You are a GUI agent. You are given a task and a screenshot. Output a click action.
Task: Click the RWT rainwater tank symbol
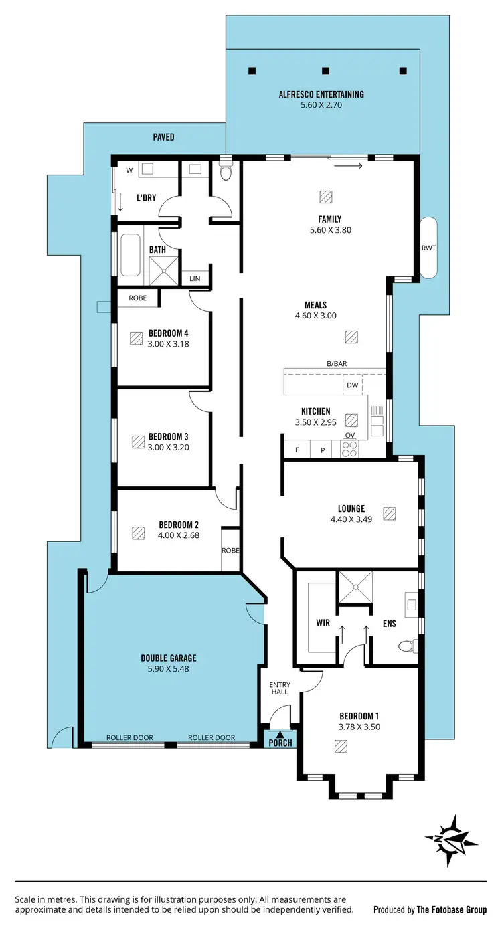click(428, 248)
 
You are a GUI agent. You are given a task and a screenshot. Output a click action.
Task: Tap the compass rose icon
click(452, 836)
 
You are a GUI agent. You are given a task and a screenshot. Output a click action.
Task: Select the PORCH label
click(280, 743)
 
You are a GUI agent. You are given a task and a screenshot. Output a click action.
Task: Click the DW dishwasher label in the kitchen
click(352, 385)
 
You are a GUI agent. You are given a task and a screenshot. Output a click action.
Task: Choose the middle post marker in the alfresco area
click(326, 71)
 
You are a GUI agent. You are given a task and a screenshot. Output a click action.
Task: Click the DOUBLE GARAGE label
click(169, 658)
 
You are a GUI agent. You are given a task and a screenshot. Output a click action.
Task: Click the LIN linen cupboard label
click(195, 278)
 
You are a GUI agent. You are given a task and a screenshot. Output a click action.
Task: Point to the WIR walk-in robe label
click(323, 623)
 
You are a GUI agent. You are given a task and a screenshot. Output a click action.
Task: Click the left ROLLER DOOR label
click(130, 738)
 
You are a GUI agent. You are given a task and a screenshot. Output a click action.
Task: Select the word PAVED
click(163, 137)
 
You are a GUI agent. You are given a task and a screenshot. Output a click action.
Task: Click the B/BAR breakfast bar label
click(336, 363)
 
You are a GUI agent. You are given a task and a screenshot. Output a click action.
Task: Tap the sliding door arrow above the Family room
click(348, 165)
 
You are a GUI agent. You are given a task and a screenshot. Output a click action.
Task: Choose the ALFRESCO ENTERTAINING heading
click(321, 94)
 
